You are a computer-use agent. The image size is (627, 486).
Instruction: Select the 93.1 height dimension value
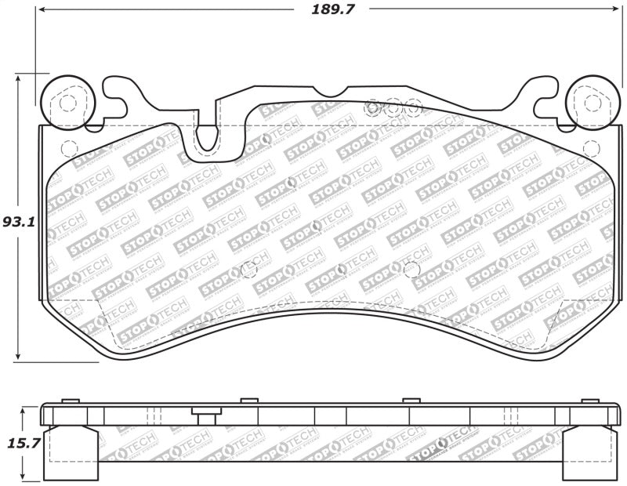pyautogui.click(x=19, y=222)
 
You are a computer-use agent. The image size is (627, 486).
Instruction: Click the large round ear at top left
pyautogui.click(x=67, y=102)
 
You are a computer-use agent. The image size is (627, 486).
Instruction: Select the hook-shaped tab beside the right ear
pyautogui.click(x=539, y=96)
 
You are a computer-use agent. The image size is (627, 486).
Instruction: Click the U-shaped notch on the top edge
pyautogui.click(x=208, y=135)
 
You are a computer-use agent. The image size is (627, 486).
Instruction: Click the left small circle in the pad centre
pyautogui.click(x=250, y=268)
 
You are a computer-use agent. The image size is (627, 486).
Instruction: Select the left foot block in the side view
pyautogui.click(x=71, y=452)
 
